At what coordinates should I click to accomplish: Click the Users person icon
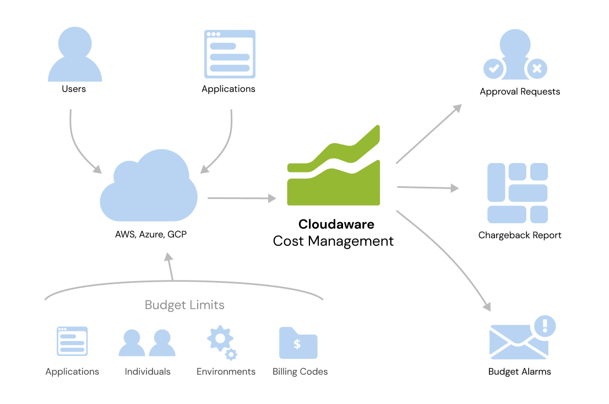[x=74, y=55]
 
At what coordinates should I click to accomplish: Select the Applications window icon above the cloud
[x=230, y=53]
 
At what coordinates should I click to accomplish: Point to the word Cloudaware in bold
[x=336, y=224]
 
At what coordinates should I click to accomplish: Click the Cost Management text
[x=333, y=241]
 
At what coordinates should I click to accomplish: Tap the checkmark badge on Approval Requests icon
[x=494, y=69]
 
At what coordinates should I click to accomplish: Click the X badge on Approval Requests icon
[x=537, y=69]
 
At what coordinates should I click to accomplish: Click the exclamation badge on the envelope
[x=545, y=326]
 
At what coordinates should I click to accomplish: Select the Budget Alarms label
[x=519, y=371]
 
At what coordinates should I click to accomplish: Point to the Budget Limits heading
[x=184, y=305]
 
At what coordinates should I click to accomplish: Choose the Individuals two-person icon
[x=147, y=343]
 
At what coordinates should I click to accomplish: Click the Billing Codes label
[x=300, y=371]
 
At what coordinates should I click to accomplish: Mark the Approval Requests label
[x=520, y=91]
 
